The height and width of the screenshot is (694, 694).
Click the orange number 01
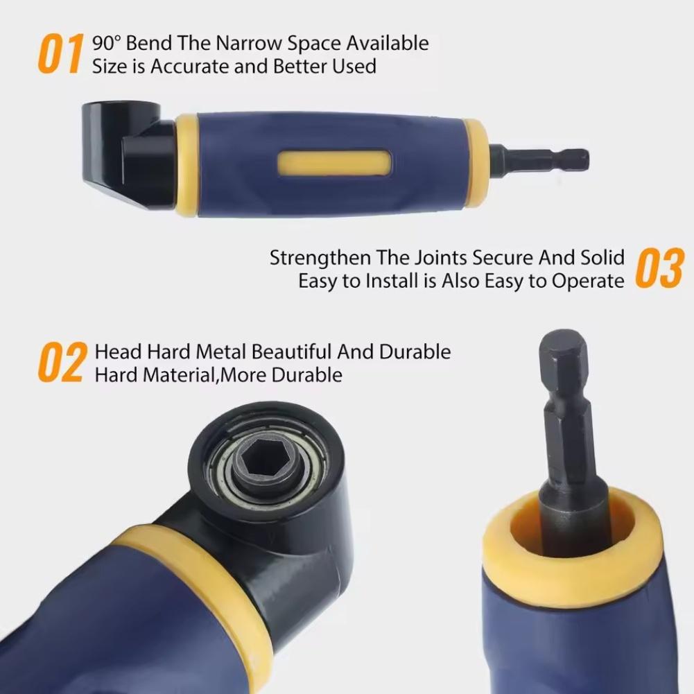coord(61,53)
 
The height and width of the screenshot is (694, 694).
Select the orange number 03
coord(659,268)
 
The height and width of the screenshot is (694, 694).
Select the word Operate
coord(589,281)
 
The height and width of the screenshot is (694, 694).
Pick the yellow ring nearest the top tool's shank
coord(474,163)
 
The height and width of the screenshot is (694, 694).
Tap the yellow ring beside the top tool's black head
coord(186,166)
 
